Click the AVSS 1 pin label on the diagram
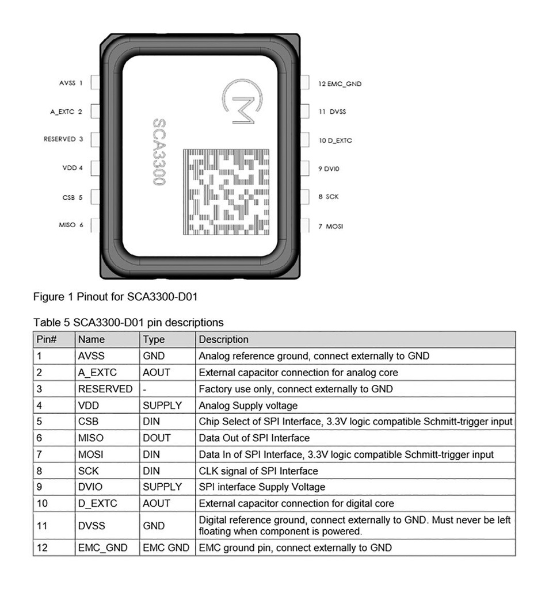tap(71, 83)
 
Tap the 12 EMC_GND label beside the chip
tap(340, 84)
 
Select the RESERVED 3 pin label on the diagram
tap(63, 139)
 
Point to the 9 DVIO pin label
tap(329, 169)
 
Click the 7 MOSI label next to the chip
tap(330, 227)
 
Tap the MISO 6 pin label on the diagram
tap(71, 225)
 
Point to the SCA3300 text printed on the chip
tap(159, 152)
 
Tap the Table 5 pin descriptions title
tap(128, 322)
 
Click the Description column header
tap(224, 339)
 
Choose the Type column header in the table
tap(154, 339)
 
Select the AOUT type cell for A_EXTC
tap(157, 372)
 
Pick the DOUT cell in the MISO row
tap(157, 438)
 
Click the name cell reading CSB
tap(89, 422)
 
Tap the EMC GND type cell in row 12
tap(166, 548)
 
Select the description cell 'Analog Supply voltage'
tap(248, 406)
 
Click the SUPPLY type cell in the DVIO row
tap(162, 487)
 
